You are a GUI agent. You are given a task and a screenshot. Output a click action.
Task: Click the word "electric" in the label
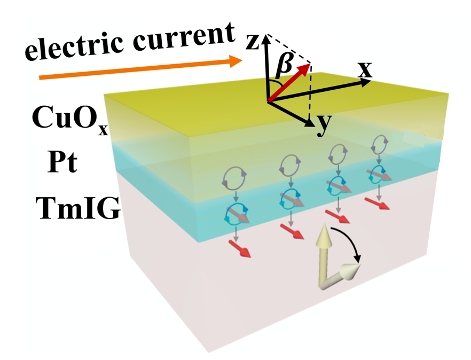(x=75, y=50)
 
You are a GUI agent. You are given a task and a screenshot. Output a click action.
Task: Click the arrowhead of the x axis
(x=365, y=82)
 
